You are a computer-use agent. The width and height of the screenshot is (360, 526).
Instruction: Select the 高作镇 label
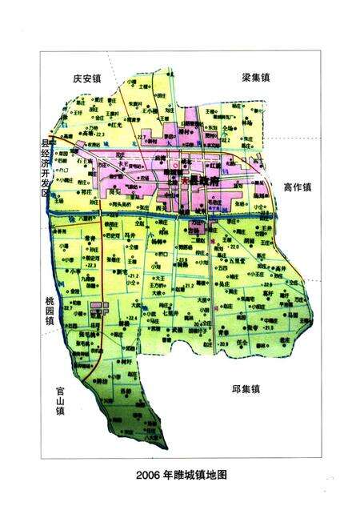tap(297, 187)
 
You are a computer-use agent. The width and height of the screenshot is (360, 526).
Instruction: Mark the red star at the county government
tap(186, 181)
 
